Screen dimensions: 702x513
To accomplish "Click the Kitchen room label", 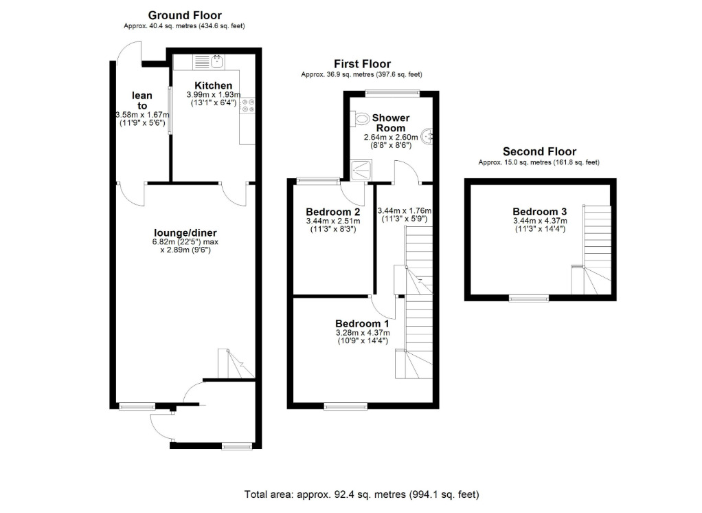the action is [x=213, y=85].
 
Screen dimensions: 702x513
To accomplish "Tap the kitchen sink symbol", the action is [x=209, y=62].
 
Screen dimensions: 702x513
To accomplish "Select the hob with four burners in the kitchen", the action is [x=247, y=105].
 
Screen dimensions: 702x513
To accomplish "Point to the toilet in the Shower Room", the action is [x=362, y=120].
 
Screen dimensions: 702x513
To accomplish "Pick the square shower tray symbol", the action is [x=361, y=171].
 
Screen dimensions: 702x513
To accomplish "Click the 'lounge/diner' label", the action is [x=185, y=233].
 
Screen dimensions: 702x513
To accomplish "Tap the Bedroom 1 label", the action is [x=362, y=323].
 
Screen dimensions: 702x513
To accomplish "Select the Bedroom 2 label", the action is [x=333, y=212].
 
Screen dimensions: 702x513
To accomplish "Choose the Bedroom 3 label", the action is [x=540, y=212].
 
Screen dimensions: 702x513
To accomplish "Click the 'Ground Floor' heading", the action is [x=185, y=16].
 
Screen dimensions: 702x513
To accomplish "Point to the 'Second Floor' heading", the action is [x=539, y=151].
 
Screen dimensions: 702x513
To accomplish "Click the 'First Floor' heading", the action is [x=362, y=64].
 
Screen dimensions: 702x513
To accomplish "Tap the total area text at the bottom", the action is [x=362, y=494].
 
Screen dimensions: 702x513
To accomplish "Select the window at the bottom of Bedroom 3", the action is [x=529, y=298].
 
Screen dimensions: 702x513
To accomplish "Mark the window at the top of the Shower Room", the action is [x=392, y=94].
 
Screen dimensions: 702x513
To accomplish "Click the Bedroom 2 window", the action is [x=319, y=181].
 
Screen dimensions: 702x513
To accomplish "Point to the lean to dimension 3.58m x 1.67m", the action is [x=142, y=115].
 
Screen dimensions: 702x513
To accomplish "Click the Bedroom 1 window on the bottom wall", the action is [x=346, y=406].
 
